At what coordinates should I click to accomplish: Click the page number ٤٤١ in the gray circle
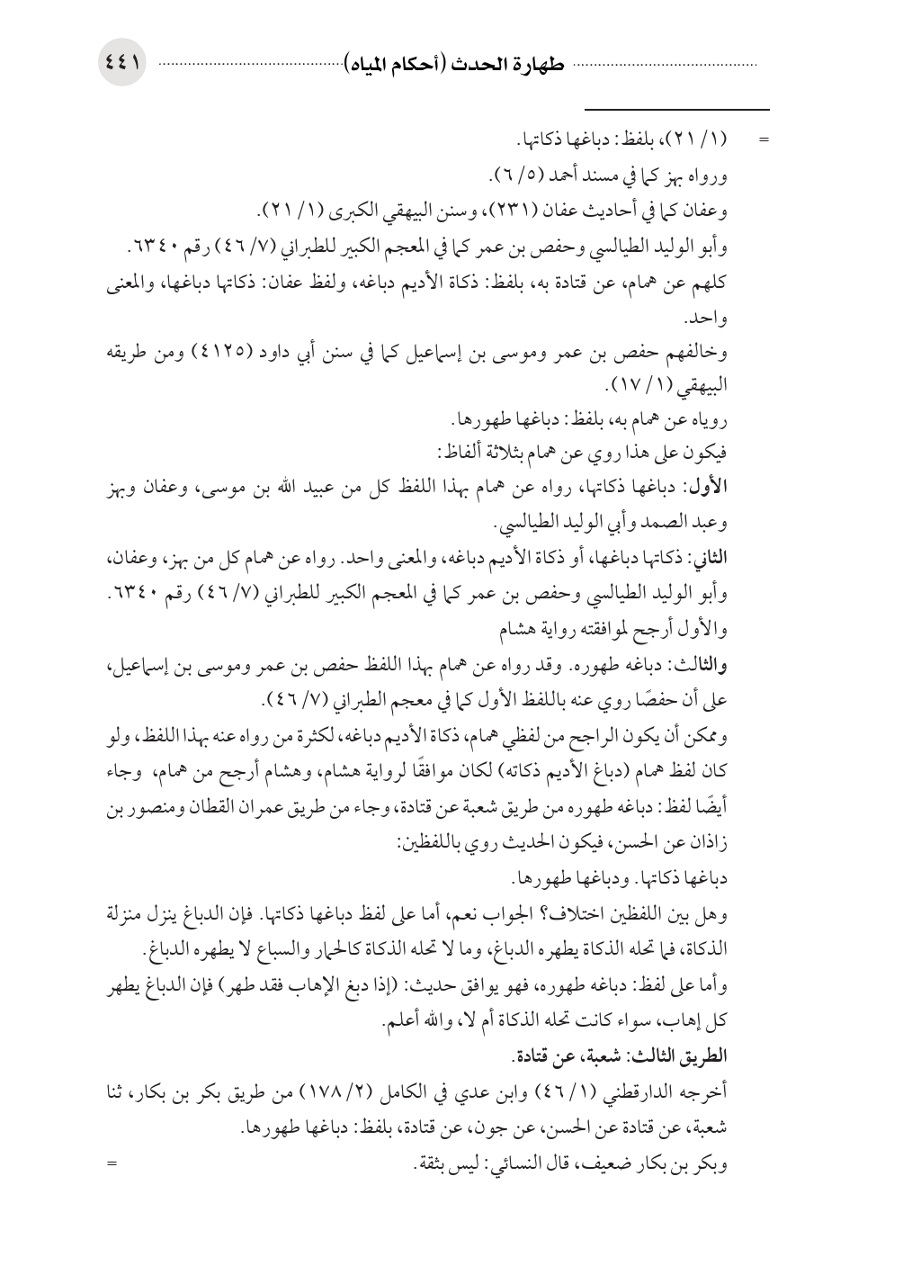(122, 65)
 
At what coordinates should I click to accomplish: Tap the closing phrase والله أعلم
(420, 1021)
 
